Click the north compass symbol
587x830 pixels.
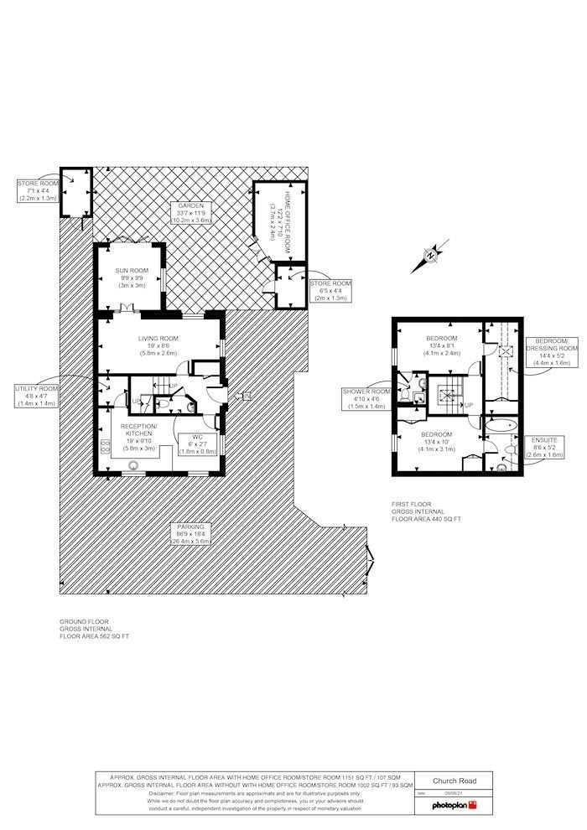430,255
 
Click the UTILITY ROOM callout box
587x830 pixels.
36,396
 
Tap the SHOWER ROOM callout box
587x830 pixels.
366,398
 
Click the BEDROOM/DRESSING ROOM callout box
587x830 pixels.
551,350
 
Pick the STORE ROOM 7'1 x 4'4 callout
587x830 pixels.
38,189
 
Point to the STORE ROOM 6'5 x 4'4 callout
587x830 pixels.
330,289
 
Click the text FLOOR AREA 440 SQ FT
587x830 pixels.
426,520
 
